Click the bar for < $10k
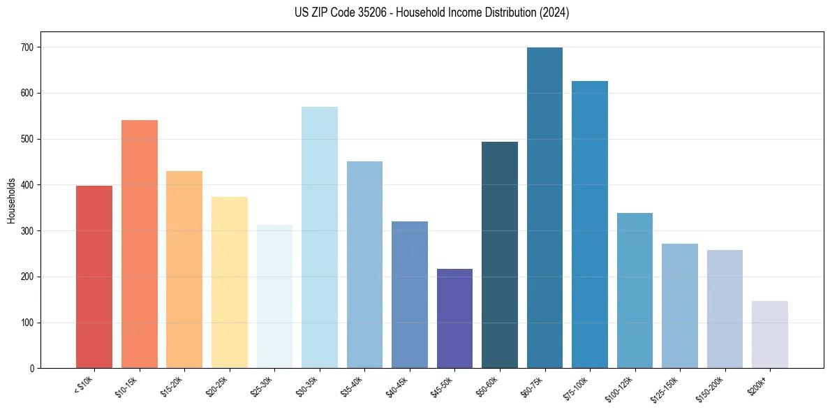(94, 277)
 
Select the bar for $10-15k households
(140, 244)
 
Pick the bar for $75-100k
(590, 224)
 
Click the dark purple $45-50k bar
(454, 318)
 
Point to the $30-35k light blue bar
(320, 237)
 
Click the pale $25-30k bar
(274, 296)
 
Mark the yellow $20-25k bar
(230, 282)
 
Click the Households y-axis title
(11, 200)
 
